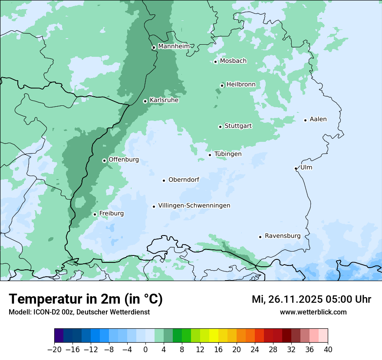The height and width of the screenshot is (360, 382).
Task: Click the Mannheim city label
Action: [174, 46]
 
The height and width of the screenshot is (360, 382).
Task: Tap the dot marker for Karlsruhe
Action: [145, 101]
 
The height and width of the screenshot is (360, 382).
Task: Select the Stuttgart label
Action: [238, 126]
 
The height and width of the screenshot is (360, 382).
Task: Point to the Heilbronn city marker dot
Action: [222, 85]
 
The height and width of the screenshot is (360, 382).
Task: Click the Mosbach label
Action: [233, 61]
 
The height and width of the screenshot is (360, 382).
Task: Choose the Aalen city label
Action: [318, 119]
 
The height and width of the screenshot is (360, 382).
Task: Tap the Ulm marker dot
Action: [296, 168]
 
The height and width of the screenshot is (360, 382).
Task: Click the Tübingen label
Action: [228, 154]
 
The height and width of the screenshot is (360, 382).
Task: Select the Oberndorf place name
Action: [184, 180]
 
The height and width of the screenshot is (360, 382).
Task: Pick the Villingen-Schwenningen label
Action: [194, 206]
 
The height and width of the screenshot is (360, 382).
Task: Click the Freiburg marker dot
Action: [95, 214]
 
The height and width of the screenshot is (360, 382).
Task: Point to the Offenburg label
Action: [124, 160]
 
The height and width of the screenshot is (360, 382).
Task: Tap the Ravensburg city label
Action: [283, 236]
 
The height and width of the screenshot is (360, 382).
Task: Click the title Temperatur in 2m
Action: [86, 299]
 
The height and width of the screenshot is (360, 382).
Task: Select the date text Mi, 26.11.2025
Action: [288, 299]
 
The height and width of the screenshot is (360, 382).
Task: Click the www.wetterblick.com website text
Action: [313, 312]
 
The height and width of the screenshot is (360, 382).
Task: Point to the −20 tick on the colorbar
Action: [54, 350]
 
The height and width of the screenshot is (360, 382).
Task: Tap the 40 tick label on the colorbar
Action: [328, 350]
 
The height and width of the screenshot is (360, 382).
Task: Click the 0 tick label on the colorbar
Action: [145, 350]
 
